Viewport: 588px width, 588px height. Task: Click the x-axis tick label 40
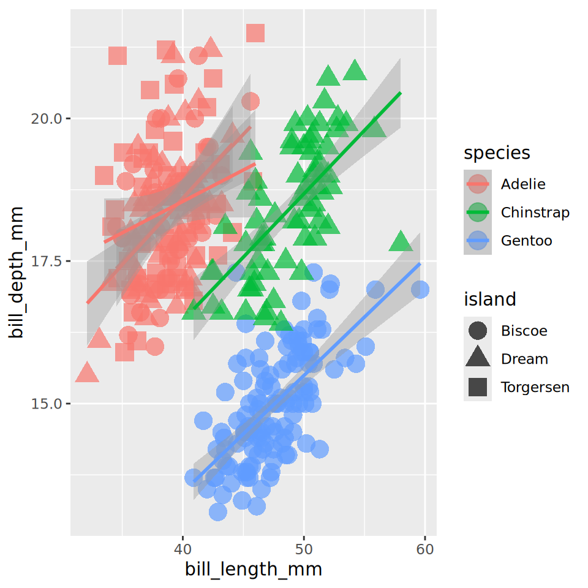pos(183,549)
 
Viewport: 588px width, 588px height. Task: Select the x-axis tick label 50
pos(304,549)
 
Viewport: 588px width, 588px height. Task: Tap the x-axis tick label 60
pos(425,549)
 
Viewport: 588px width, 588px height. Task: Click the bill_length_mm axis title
pos(254,570)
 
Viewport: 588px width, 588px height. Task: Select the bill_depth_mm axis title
pos(17,273)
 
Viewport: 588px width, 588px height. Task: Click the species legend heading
pos(497,153)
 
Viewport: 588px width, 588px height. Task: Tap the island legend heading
pos(490,300)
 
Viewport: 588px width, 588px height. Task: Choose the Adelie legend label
pos(522,184)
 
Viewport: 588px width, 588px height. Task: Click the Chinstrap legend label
pos(535,213)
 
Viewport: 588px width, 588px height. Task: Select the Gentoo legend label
pos(526,241)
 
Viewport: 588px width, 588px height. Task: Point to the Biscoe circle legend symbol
pos(478,331)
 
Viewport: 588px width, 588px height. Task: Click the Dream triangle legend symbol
pos(478,359)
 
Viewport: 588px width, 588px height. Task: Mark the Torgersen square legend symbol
pos(478,387)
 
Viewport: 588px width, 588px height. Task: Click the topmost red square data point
pos(255,33)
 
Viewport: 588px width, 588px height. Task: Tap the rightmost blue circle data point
pos(420,289)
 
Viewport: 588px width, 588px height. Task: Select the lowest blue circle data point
pos(218,511)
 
